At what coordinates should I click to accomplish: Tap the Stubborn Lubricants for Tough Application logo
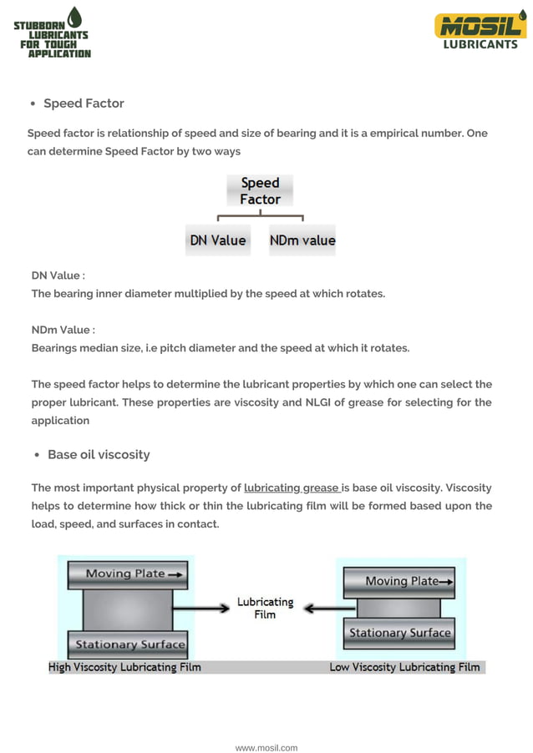click(x=53, y=33)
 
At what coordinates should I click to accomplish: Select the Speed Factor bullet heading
click(x=84, y=104)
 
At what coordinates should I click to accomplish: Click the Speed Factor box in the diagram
click(x=260, y=191)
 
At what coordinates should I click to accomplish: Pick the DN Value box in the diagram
click(x=218, y=240)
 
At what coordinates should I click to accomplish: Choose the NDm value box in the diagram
click(x=302, y=240)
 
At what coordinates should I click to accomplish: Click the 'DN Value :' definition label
click(x=58, y=275)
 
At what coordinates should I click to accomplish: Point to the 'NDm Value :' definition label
click(x=63, y=330)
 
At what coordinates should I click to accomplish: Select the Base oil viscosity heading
click(x=99, y=455)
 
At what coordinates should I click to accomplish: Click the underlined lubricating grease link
click(x=292, y=488)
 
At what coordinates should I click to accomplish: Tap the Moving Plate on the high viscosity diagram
click(x=127, y=574)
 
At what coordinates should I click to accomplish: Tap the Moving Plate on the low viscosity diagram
click(x=399, y=581)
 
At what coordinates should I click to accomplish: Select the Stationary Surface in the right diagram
click(x=399, y=633)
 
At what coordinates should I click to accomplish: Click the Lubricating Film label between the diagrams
click(x=265, y=608)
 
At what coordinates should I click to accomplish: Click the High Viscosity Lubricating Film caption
click(x=124, y=667)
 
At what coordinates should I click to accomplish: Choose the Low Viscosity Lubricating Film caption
click(x=404, y=667)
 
